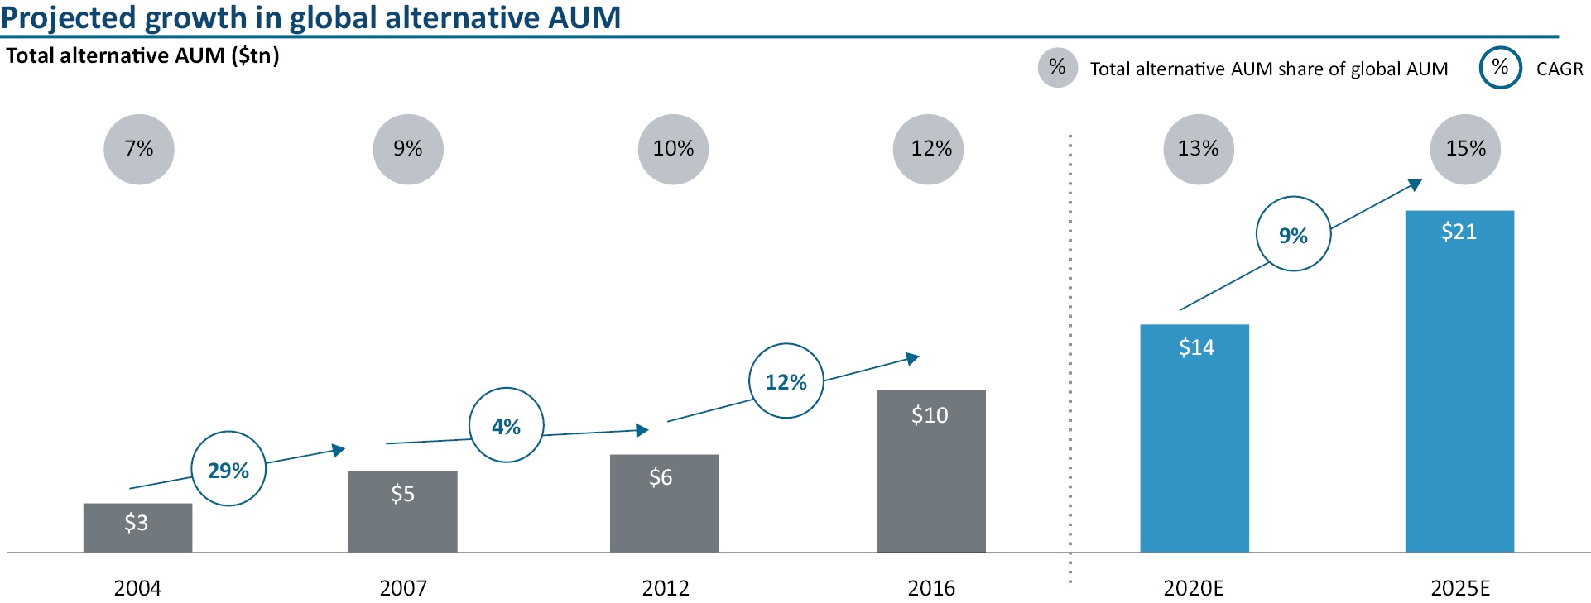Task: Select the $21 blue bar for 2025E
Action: (1459, 380)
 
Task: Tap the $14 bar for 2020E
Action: (1194, 438)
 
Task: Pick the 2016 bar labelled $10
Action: (931, 471)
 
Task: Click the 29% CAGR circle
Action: (228, 469)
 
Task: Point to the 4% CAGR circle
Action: (507, 425)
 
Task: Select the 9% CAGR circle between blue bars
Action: (1293, 234)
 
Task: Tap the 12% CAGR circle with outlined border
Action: (786, 380)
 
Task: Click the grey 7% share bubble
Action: (139, 149)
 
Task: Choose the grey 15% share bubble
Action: (1465, 149)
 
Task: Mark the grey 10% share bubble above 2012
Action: (673, 149)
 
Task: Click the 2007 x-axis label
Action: (403, 588)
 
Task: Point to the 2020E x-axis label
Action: (1193, 588)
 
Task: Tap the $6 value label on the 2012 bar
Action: (661, 477)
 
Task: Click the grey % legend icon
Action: (1057, 67)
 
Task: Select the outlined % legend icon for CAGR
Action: (1500, 67)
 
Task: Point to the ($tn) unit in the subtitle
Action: (255, 55)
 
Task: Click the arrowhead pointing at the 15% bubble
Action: (1416, 184)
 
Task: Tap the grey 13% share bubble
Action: (1198, 149)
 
